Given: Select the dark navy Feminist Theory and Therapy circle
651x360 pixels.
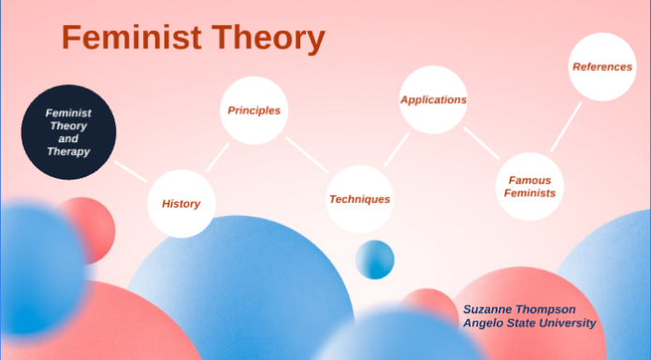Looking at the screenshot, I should pyautogui.click(x=68, y=132).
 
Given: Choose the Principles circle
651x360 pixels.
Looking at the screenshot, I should pyautogui.click(x=253, y=110).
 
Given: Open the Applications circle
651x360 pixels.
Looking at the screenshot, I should pyautogui.click(x=433, y=99).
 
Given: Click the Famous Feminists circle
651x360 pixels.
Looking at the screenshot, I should pyautogui.click(x=531, y=185).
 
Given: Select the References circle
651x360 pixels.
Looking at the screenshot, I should pyautogui.click(x=602, y=66).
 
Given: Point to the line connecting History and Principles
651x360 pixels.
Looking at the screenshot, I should pyautogui.click(x=218, y=156).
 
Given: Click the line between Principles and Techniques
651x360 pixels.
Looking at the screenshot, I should pyautogui.click(x=307, y=154).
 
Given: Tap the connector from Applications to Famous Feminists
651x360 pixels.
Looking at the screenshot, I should pyautogui.click(x=482, y=142).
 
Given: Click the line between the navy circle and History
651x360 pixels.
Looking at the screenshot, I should pyautogui.click(x=130, y=171).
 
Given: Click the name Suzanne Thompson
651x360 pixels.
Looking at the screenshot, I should pyautogui.click(x=518, y=309).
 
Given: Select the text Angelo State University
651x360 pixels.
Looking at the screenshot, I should pyautogui.click(x=529, y=324).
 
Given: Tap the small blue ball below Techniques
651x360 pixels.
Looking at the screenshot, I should pyautogui.click(x=375, y=259).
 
